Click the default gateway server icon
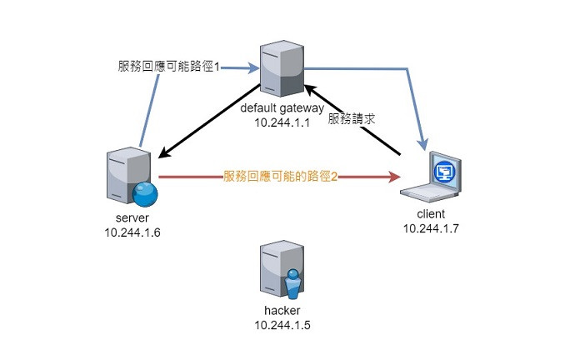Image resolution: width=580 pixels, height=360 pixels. tap(282, 68)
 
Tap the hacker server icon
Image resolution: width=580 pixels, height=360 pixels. tap(282, 272)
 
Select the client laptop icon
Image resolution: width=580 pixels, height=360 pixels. tap(431, 177)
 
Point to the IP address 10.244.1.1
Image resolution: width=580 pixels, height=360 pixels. tap(282, 122)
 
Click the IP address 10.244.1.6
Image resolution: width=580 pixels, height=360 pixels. tap(132, 232)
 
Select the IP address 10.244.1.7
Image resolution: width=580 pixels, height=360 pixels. tap(431, 228)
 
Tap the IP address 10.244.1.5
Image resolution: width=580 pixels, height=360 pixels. tap(282, 325)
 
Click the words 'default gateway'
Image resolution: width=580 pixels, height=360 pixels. tap(282, 108)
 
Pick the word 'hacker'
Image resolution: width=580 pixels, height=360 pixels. tap(282, 310)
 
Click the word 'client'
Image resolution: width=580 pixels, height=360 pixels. tap(431, 214)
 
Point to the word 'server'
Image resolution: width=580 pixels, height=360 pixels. tap(132, 217)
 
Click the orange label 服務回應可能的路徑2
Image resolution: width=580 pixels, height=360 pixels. tap(280, 176)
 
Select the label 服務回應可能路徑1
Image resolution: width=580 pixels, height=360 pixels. tap(169, 67)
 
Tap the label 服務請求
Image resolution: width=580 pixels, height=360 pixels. tap(352, 119)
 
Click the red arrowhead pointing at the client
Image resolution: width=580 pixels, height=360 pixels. tap(394, 177)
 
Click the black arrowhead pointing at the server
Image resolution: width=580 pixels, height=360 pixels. tap(165, 152)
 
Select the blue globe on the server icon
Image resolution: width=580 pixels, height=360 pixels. tap(145, 194)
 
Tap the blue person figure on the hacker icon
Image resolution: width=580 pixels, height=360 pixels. tap(293, 284)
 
